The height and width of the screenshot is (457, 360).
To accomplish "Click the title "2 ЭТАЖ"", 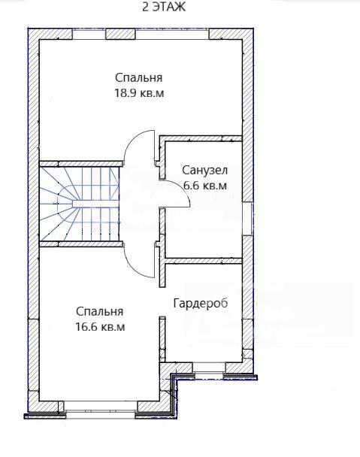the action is tap(164, 7).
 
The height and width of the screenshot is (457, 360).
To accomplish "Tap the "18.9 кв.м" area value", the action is tap(139, 93).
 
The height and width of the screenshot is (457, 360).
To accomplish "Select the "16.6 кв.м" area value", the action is tap(100, 327).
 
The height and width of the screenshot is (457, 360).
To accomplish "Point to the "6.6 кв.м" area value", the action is tap(205, 186).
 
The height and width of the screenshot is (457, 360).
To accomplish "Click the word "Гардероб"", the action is tap(201, 304).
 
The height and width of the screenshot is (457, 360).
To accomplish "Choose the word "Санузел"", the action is tap(204, 170).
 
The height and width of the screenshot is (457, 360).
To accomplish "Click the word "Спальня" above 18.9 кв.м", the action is tap(139, 78).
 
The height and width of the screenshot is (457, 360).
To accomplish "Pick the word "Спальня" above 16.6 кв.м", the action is tap(100, 312).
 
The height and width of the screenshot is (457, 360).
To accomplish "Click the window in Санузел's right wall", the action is tap(248, 219).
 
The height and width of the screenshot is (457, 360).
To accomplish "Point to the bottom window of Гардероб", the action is tap(209, 368).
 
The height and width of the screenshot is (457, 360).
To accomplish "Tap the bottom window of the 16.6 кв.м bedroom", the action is tap(100, 407).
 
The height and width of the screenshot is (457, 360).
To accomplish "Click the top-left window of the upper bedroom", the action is tap(89, 34).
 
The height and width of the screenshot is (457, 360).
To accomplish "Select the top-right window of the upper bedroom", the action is tap(172, 34).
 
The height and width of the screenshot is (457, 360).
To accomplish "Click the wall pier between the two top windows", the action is tap(120, 34).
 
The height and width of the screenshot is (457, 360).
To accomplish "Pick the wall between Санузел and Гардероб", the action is tap(204, 261).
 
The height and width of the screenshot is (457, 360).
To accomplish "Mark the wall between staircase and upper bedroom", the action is tap(80, 164).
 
